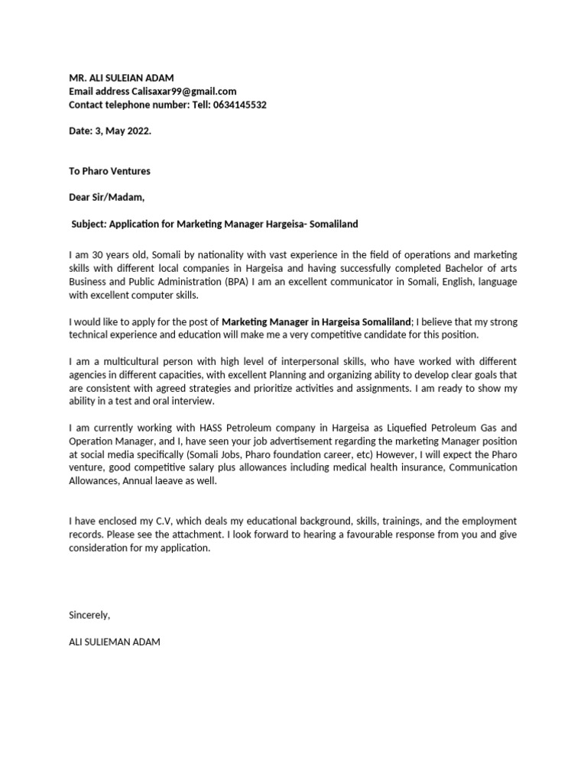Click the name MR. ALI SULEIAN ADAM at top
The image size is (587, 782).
click(x=122, y=77)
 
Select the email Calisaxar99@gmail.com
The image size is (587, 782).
click(x=183, y=91)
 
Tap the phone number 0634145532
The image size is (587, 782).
click(x=237, y=105)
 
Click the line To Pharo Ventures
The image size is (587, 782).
click(x=109, y=171)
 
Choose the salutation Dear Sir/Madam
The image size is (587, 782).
click(x=106, y=198)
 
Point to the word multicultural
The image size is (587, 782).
click(x=128, y=361)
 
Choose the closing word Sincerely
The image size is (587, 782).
click(x=89, y=615)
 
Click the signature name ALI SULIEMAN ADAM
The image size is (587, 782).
click(x=115, y=642)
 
